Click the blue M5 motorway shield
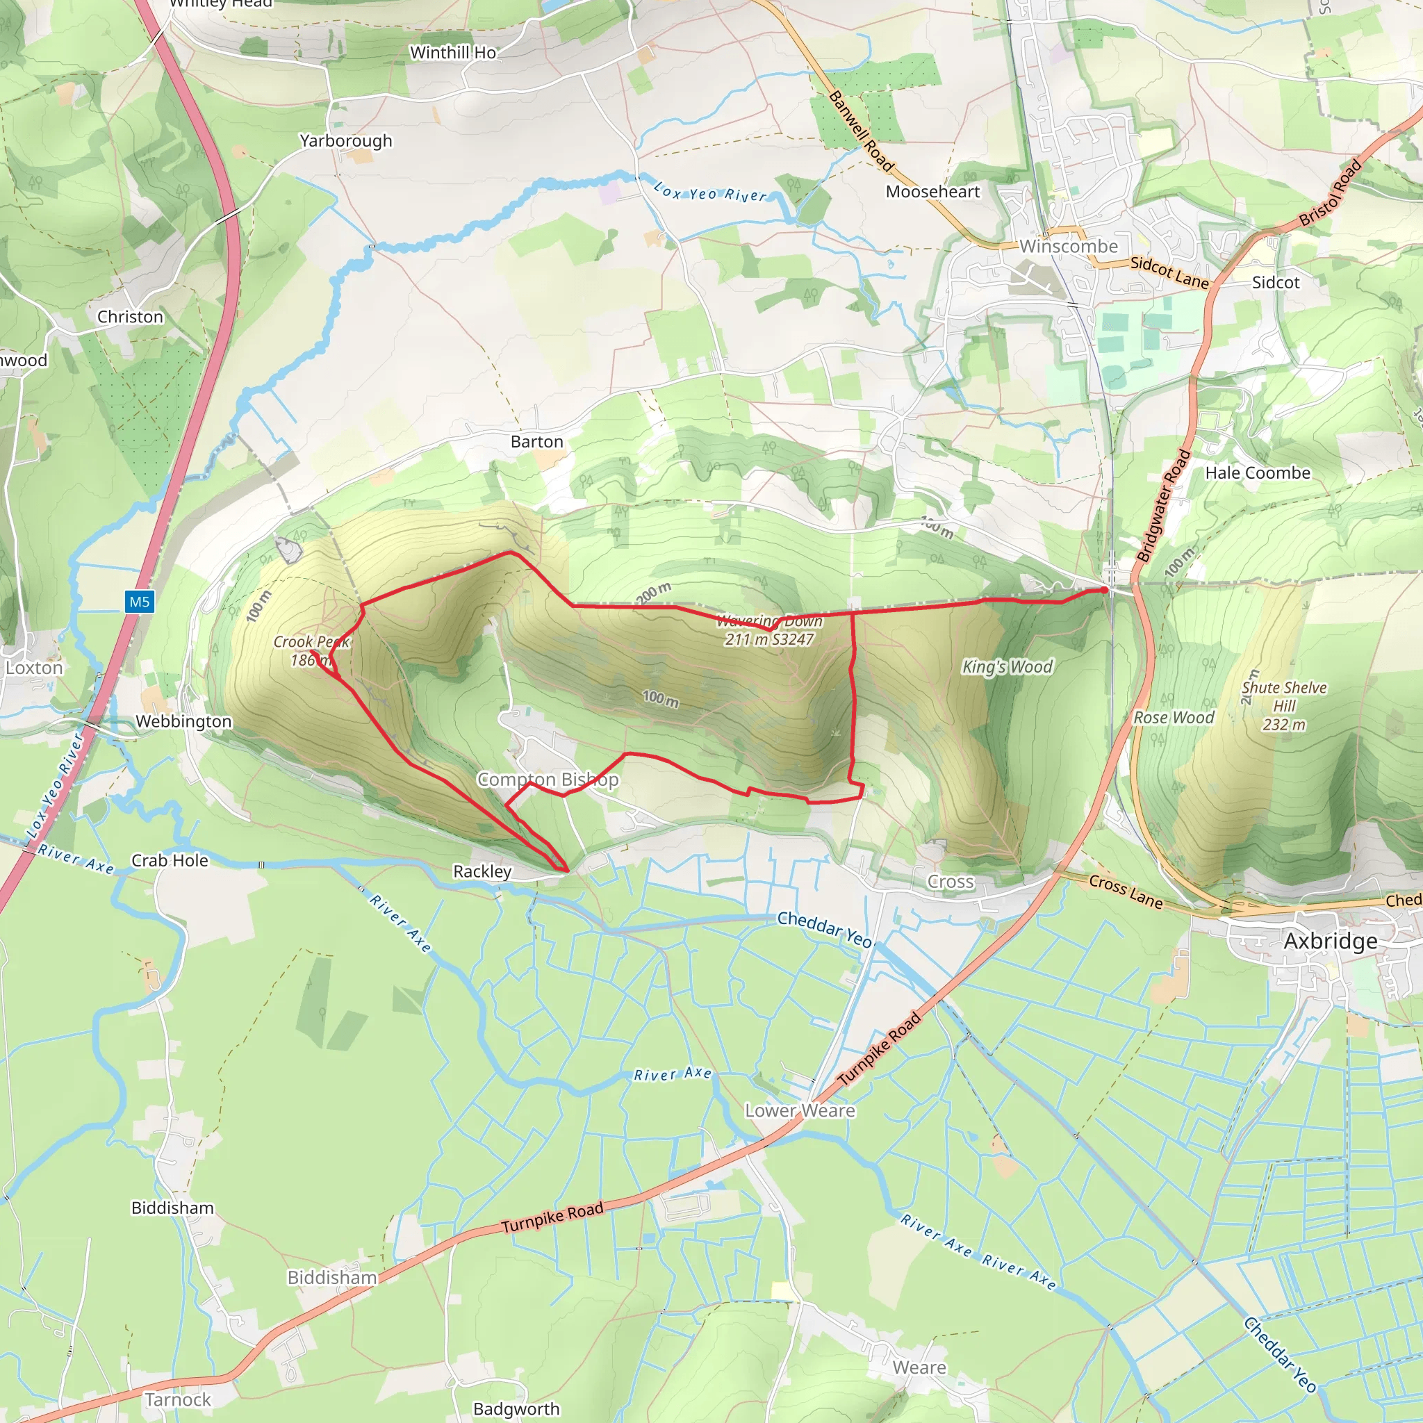tap(139, 602)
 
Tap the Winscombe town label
tap(1068, 246)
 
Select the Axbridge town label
tap(1330, 941)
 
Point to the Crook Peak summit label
tap(311, 650)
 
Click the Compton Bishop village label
tap(548, 780)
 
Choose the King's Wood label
tap(1007, 666)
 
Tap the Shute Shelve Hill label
tap(1284, 706)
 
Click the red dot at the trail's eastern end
tap(1105, 590)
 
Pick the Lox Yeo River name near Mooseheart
tap(710, 192)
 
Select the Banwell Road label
tap(861, 132)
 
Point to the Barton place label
tap(537, 441)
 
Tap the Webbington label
tap(183, 721)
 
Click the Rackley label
tap(482, 871)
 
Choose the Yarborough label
tap(345, 140)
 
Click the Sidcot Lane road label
tap(1169, 272)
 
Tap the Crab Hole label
tap(170, 860)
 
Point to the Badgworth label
tap(516, 1408)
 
